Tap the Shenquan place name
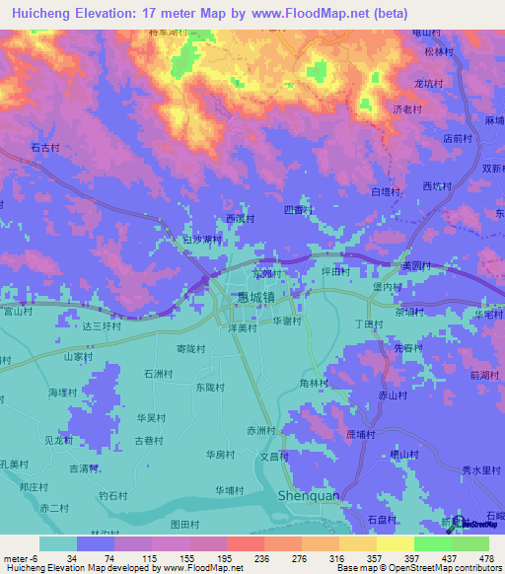coord(309,495)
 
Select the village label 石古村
coord(44,147)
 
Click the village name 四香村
coord(297,210)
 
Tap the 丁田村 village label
coord(367,323)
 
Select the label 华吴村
coord(151,417)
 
